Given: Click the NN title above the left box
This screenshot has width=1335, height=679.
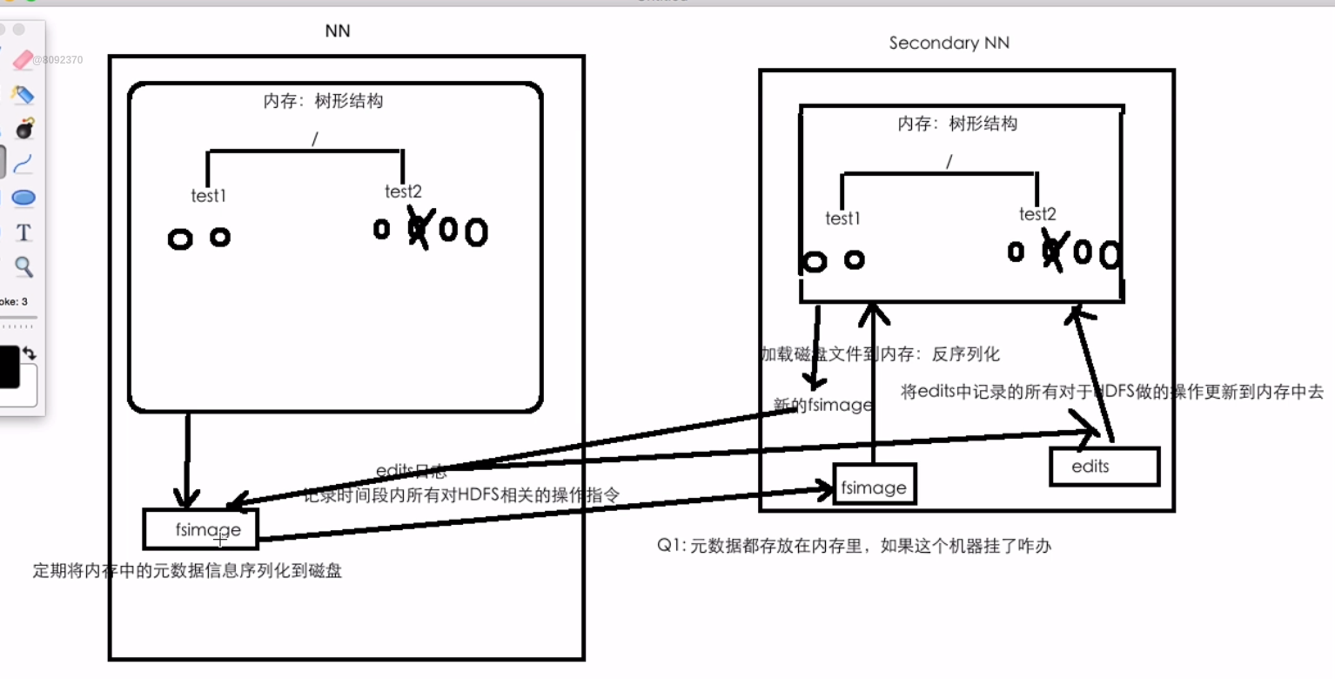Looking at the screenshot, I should pos(338,31).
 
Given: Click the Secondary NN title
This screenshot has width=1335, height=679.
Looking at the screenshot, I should pos(949,43).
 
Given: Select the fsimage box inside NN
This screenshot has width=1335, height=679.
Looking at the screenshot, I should pos(201,529).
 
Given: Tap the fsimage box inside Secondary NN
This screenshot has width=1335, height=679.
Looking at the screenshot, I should pos(874,487).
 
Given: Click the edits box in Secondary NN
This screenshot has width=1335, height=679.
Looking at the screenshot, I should pos(1104,467).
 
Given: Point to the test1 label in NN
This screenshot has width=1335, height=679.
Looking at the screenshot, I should pos(209,196).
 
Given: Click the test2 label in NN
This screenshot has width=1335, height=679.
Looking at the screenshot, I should pos(403,192).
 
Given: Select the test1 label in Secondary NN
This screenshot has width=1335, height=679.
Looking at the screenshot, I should pos(842,218).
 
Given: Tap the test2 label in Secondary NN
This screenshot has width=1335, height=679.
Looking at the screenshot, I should pos(1037,214).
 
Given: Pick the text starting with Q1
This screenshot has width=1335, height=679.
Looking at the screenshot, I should pos(855,547).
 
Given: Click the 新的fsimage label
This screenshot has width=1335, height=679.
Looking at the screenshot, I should pos(823,405).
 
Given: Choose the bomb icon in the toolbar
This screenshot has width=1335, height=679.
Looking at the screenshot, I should pos(24,129).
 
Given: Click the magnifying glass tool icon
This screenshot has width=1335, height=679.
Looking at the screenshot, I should pos(23,266).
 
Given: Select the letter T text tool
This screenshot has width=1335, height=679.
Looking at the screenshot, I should pos(23,232).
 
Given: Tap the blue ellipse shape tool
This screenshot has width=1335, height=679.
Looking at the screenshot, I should pos(23,198).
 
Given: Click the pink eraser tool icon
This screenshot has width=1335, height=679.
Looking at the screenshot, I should pos(23,60).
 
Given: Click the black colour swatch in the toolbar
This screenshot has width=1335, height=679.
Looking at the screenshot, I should pos(9,366).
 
